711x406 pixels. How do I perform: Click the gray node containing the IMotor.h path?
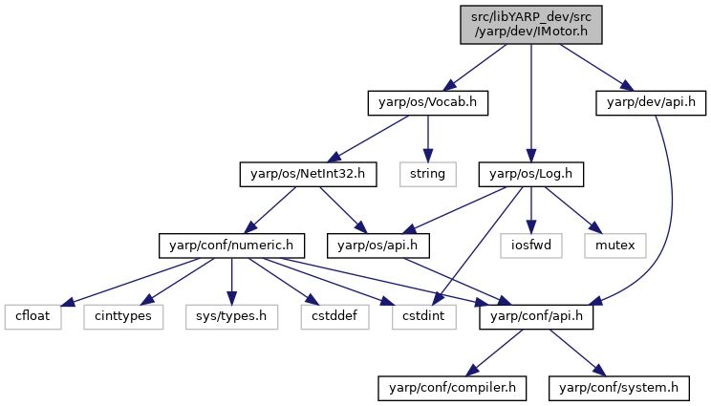point(530,25)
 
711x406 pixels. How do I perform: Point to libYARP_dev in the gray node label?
point(521,17)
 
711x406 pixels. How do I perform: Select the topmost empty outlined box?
point(427,174)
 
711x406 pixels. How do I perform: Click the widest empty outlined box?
point(231,317)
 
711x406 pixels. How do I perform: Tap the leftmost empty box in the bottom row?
point(32,317)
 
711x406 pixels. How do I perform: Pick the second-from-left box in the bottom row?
point(123,317)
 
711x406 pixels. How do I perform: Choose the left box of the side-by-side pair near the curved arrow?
point(530,246)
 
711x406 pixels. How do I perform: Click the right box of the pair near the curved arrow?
point(614,246)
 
